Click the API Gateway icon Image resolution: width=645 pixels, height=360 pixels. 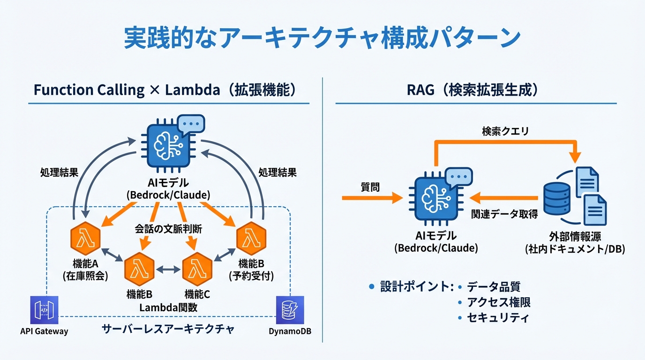44,310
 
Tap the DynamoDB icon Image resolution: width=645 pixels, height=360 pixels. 290,310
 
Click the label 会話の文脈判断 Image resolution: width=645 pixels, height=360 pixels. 169,230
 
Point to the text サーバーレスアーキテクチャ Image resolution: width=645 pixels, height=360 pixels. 168,330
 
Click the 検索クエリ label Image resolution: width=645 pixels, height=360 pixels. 505,132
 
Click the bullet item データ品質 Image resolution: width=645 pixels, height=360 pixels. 493,287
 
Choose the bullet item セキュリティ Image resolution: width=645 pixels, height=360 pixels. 498,318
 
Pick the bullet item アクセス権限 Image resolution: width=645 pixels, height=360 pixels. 499,302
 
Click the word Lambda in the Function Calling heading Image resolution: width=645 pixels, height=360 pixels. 192,90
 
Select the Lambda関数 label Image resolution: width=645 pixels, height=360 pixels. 168,308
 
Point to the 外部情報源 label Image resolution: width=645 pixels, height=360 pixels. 575,236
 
